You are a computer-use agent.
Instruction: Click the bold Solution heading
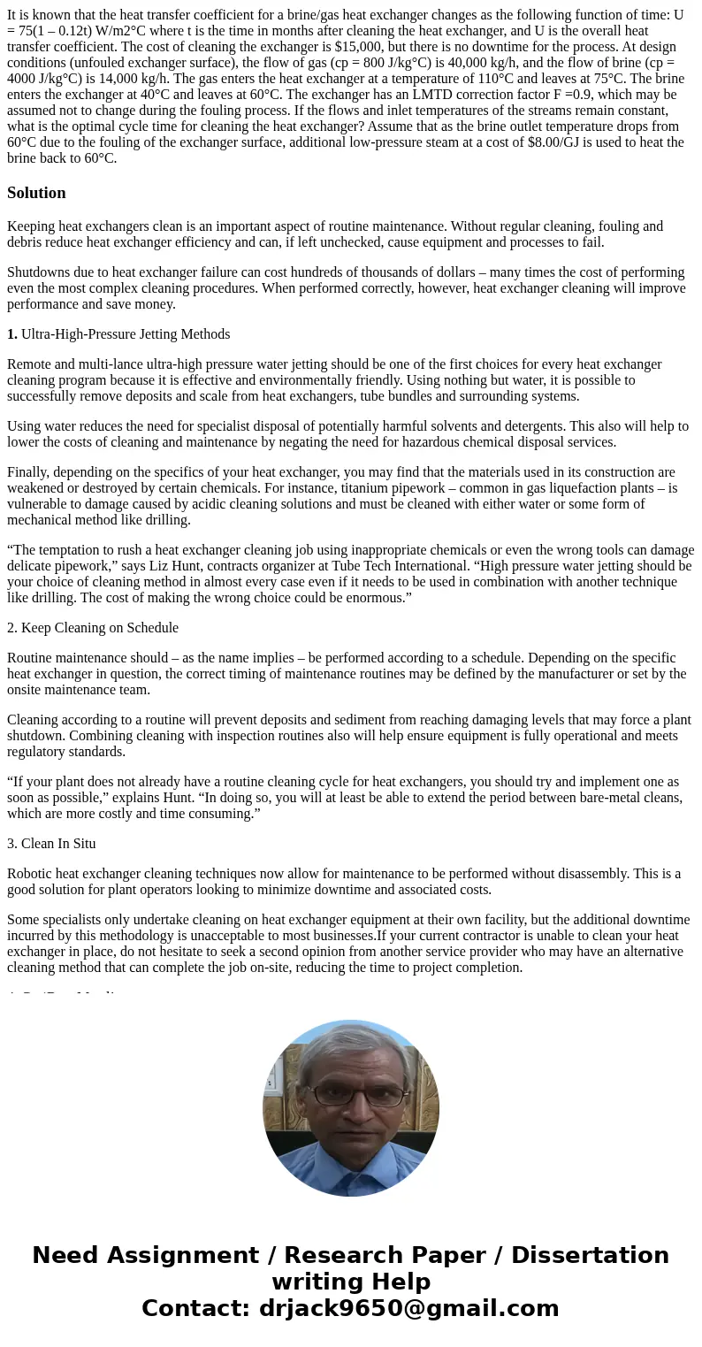(x=36, y=193)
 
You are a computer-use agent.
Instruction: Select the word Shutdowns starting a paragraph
(x=37, y=272)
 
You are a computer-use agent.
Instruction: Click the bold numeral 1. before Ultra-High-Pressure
(x=12, y=334)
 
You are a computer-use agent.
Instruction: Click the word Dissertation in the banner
(x=590, y=1256)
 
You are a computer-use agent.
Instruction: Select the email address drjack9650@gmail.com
(x=408, y=1309)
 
